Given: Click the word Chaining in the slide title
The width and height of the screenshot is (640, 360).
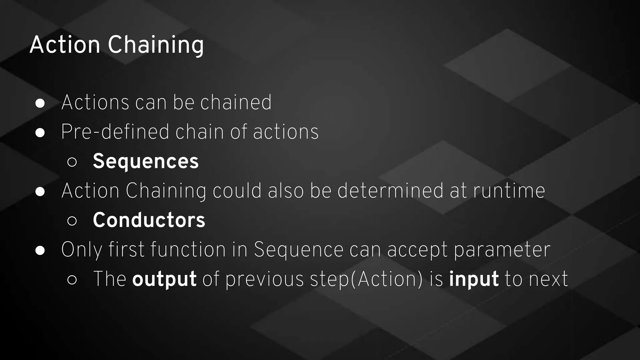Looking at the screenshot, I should coord(156,45).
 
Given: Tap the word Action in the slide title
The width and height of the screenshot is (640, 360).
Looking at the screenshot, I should coord(65,45).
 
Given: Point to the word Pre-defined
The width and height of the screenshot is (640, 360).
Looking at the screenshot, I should coord(115,132).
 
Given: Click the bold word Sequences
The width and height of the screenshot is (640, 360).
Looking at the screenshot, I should coord(146,161).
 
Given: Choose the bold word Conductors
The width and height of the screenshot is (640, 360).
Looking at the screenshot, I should coord(149,220).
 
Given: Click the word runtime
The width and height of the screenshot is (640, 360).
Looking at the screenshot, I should coord(509,191).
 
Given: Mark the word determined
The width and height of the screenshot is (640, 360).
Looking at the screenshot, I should coord(390,191).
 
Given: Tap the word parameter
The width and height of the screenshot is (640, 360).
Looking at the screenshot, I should coord(502,250).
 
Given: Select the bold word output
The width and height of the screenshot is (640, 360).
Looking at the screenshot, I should coord(164,279).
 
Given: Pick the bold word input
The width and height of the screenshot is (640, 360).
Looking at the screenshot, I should coord(474,279).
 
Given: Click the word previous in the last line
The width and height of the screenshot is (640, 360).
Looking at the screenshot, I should coord(264,279).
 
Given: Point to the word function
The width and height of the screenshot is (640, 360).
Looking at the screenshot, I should coord(188,250).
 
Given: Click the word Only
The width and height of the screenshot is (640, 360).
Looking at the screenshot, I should coord(82,250).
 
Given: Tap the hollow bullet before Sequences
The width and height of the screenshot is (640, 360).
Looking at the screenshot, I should coord(72,162).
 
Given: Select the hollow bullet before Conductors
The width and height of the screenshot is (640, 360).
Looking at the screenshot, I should coord(72,221).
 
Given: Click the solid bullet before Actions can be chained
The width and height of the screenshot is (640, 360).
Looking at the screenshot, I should coord(40,103).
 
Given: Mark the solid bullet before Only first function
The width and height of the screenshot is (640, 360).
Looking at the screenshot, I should coord(40,250).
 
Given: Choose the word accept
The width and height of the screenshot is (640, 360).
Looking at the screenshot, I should coord(417,250).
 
